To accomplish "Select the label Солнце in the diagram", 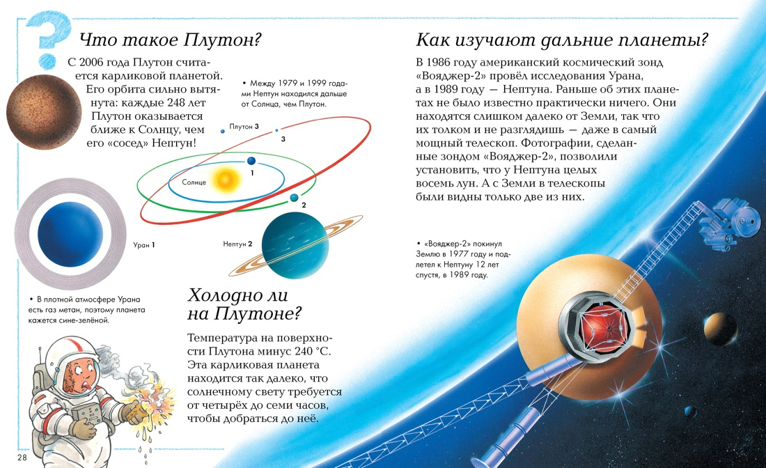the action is coord(194,182).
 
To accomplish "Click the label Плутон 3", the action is coord(244,127).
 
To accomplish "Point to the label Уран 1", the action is coord(143,244).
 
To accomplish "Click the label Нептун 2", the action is coord(237,244).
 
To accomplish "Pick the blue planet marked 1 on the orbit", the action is coord(251,161).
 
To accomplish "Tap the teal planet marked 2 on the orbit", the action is coord(294,197).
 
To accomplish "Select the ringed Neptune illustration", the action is coord(295,245).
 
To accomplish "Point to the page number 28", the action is coord(22,458).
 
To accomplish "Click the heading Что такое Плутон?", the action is coord(171,40).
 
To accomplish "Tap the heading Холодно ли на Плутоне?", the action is coord(244,304).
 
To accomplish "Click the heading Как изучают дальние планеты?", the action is coord(562,40).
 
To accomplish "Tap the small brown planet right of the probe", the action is coord(721,327).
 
